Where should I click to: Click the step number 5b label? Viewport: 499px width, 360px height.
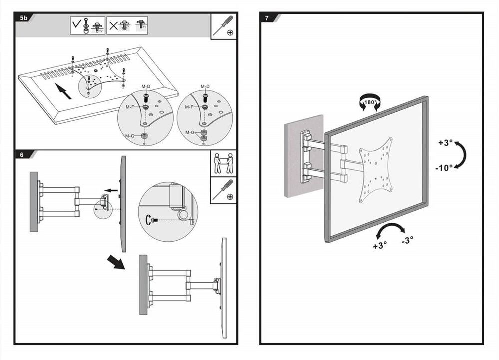click(x=23, y=18)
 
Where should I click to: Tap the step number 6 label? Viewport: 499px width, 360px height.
click(x=22, y=155)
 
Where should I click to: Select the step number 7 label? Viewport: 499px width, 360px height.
click(x=267, y=18)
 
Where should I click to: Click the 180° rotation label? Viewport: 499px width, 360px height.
click(x=370, y=103)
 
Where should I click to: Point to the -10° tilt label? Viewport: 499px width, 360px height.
click(x=444, y=168)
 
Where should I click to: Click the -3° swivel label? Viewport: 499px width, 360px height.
click(x=407, y=240)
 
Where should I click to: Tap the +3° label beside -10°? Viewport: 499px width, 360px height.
click(x=445, y=143)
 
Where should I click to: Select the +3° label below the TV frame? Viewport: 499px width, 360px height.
click(x=380, y=245)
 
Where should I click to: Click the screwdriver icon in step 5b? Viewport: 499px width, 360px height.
click(x=224, y=25)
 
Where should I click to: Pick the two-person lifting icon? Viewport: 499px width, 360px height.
click(x=224, y=163)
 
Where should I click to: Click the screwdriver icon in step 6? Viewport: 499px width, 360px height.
click(x=224, y=190)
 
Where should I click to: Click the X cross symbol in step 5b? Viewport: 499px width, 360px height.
click(x=114, y=25)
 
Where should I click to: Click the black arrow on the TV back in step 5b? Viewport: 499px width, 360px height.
click(x=61, y=91)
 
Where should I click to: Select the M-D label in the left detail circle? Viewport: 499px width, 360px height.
click(x=146, y=87)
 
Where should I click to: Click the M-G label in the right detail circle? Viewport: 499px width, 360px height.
click(x=190, y=132)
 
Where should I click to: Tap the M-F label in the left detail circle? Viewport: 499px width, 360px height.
click(x=130, y=107)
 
